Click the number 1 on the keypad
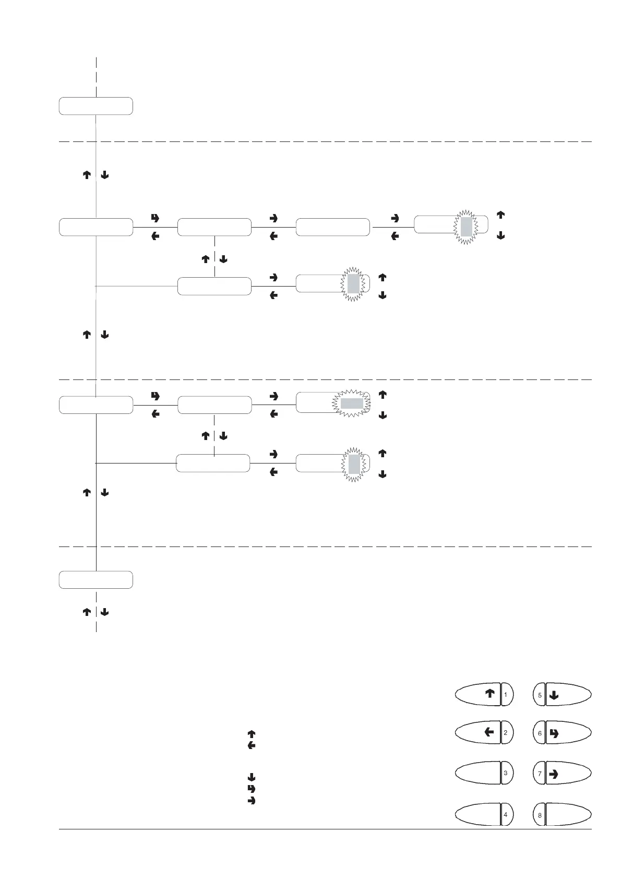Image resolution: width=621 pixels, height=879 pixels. coord(506,695)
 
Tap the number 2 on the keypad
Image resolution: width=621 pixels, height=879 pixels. coord(506,733)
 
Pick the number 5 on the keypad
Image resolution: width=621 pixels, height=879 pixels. coord(540,695)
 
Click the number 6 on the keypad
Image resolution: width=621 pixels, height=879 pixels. coord(540,733)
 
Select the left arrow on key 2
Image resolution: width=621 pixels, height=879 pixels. coord(489,732)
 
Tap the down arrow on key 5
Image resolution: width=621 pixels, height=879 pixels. coord(554,695)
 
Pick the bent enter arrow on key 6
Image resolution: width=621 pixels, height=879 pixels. coord(554,733)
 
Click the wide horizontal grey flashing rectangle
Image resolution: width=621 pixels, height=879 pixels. coord(352,403)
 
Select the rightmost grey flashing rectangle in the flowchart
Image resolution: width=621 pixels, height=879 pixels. coord(467,227)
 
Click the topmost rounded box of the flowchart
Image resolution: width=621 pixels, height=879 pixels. coord(95,105)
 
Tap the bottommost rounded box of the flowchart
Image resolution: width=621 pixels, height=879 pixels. coord(95,579)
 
